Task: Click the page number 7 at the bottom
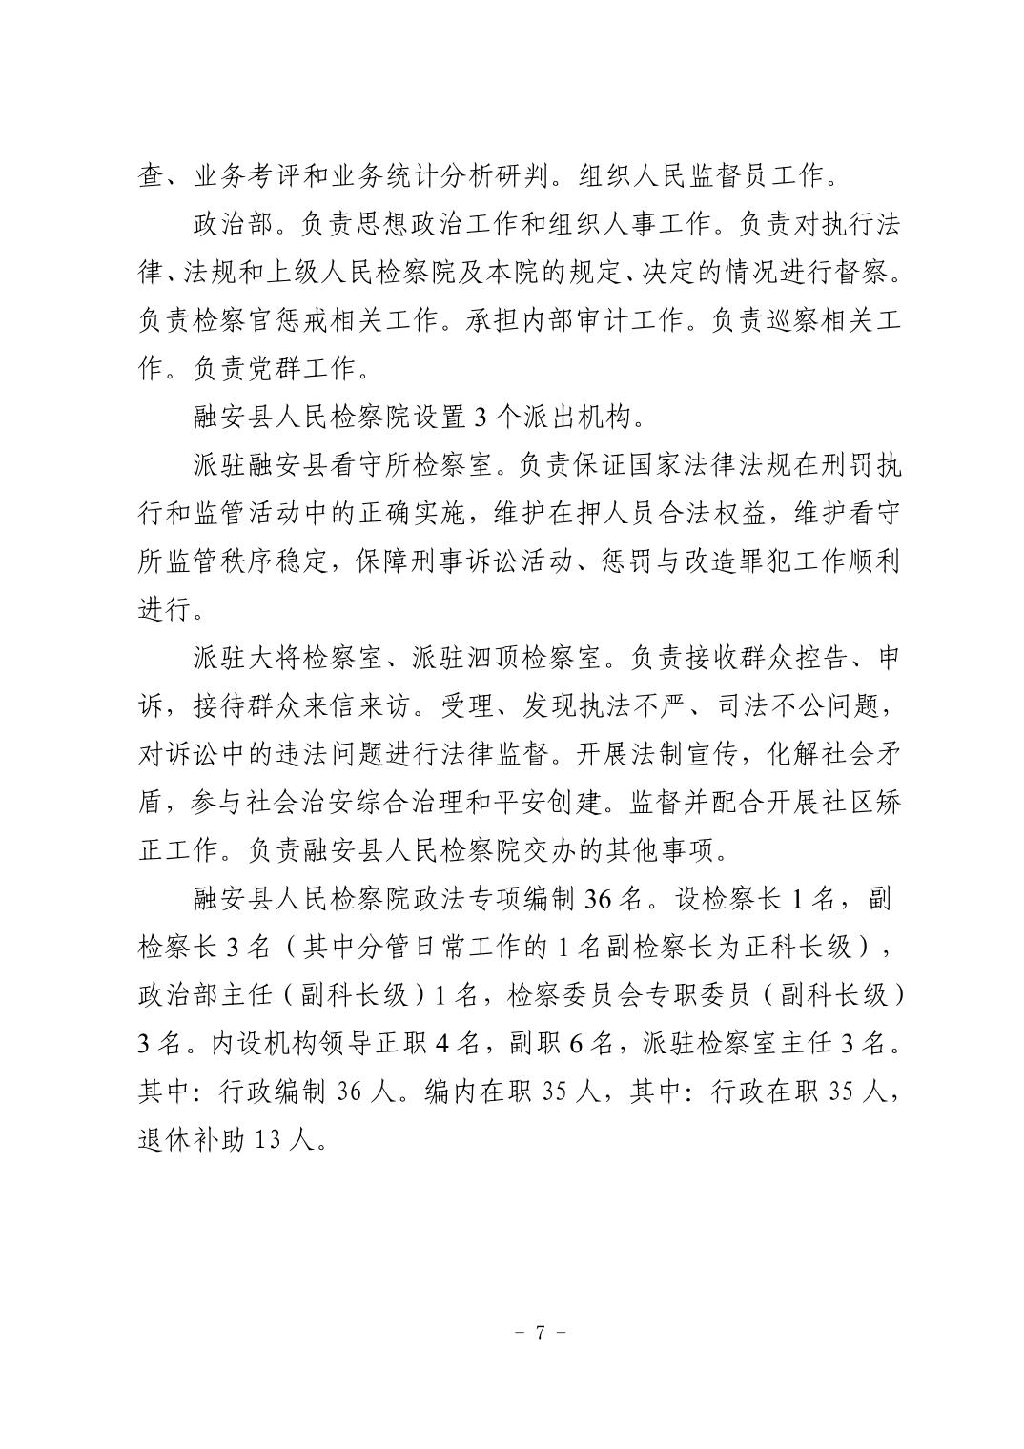click(540, 1333)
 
